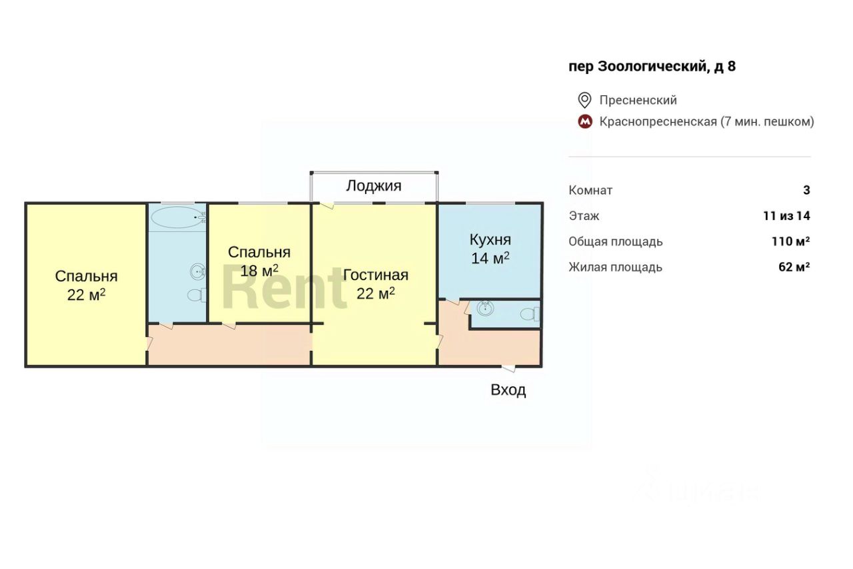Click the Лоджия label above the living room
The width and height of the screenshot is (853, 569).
(x=373, y=185)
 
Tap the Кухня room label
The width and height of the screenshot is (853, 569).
(x=490, y=240)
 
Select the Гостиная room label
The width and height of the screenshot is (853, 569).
(x=375, y=275)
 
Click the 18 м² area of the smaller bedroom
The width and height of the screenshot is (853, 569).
(x=259, y=271)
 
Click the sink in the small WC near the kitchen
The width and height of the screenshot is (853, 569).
(x=485, y=309)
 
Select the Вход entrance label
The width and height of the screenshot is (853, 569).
(x=508, y=390)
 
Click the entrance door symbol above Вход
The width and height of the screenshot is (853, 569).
(x=508, y=367)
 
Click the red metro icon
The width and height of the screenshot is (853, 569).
(x=584, y=122)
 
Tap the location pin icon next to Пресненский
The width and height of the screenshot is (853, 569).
(x=584, y=100)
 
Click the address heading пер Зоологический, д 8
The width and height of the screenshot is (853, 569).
(x=652, y=66)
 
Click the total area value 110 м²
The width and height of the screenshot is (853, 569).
(x=790, y=241)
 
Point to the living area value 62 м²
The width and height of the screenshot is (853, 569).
(x=794, y=267)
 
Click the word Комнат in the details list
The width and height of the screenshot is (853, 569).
(x=590, y=190)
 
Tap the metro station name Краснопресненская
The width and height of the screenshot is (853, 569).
(x=658, y=121)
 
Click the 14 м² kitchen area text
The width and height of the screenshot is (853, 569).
(x=490, y=258)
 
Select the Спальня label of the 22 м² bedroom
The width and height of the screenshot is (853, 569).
(x=86, y=276)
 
